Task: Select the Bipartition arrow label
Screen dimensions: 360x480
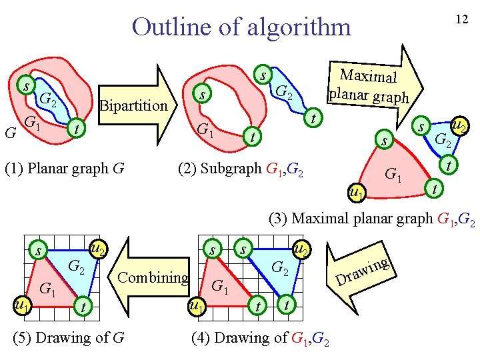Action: (133, 105)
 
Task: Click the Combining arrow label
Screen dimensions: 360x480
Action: (153, 277)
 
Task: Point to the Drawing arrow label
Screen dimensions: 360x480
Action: (363, 270)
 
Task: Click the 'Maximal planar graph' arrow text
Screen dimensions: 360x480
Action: (369, 87)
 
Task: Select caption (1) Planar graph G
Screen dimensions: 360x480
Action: (65, 167)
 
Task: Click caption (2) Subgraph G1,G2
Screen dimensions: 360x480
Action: (241, 167)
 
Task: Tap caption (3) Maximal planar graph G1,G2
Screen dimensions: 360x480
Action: (371, 218)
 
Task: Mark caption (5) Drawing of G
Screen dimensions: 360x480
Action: (69, 338)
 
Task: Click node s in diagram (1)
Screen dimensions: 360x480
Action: (26, 86)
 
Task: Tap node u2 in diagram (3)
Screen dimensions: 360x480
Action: (459, 125)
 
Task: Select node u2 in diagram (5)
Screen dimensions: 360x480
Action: (98, 249)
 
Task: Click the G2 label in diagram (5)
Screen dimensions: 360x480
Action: (77, 268)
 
